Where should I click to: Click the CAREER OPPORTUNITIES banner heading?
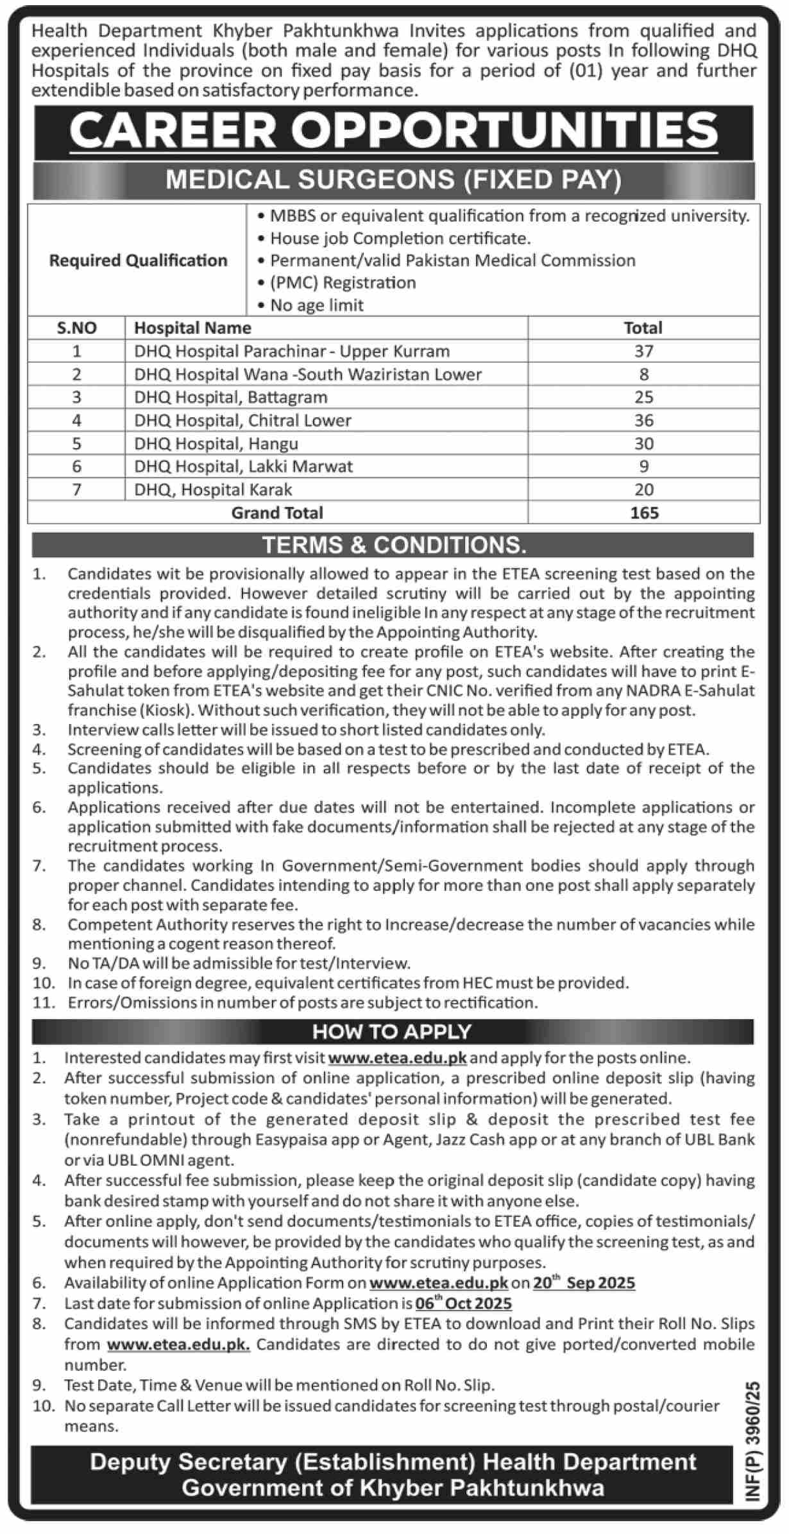394,131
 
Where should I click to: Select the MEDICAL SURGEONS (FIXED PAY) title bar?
394,180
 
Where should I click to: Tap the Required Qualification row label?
138,260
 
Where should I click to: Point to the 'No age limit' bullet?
317,305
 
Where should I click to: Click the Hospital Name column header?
192,328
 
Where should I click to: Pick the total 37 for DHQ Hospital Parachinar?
643,351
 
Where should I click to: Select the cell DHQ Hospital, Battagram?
231,397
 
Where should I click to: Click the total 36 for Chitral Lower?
643,420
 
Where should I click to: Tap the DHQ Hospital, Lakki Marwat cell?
244,466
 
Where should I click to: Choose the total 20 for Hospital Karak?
643,490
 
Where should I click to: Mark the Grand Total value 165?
643,513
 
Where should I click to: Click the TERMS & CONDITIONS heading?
394,545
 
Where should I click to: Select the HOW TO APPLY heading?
392,1031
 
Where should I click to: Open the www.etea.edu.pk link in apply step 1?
398,1058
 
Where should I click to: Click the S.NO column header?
76,328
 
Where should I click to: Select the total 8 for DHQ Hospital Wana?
643,374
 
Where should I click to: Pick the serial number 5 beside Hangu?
76,444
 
